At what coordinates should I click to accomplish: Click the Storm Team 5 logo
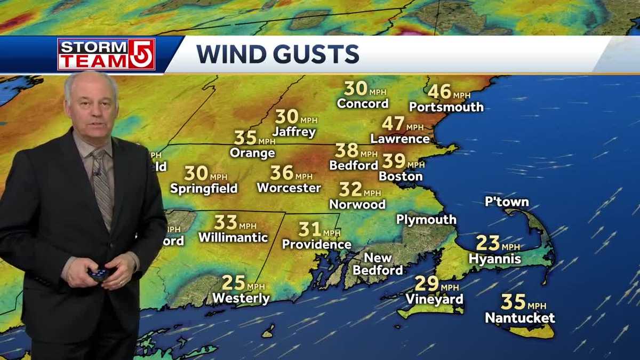coord(106,54)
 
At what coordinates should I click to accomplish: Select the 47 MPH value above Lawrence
coord(393,124)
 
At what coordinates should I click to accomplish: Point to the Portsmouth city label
coord(446,107)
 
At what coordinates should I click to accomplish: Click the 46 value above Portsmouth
coord(439,92)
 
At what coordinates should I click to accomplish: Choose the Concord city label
coord(363,103)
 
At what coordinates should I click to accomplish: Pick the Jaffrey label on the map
coord(294,132)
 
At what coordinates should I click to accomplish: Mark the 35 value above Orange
coord(245,138)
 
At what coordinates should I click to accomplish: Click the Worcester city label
coord(289,188)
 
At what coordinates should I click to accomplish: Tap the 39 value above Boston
coord(394,161)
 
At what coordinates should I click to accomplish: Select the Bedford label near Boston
coord(353,165)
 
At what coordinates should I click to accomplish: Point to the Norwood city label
coord(357,204)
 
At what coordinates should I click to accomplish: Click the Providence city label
coord(316,244)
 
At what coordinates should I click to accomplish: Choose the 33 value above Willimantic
coord(226,222)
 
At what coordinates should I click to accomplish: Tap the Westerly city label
coord(241,298)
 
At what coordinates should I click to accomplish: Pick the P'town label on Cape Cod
coord(507,202)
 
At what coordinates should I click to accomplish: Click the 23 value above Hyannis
coord(487,243)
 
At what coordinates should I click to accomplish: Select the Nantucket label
coord(519,318)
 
